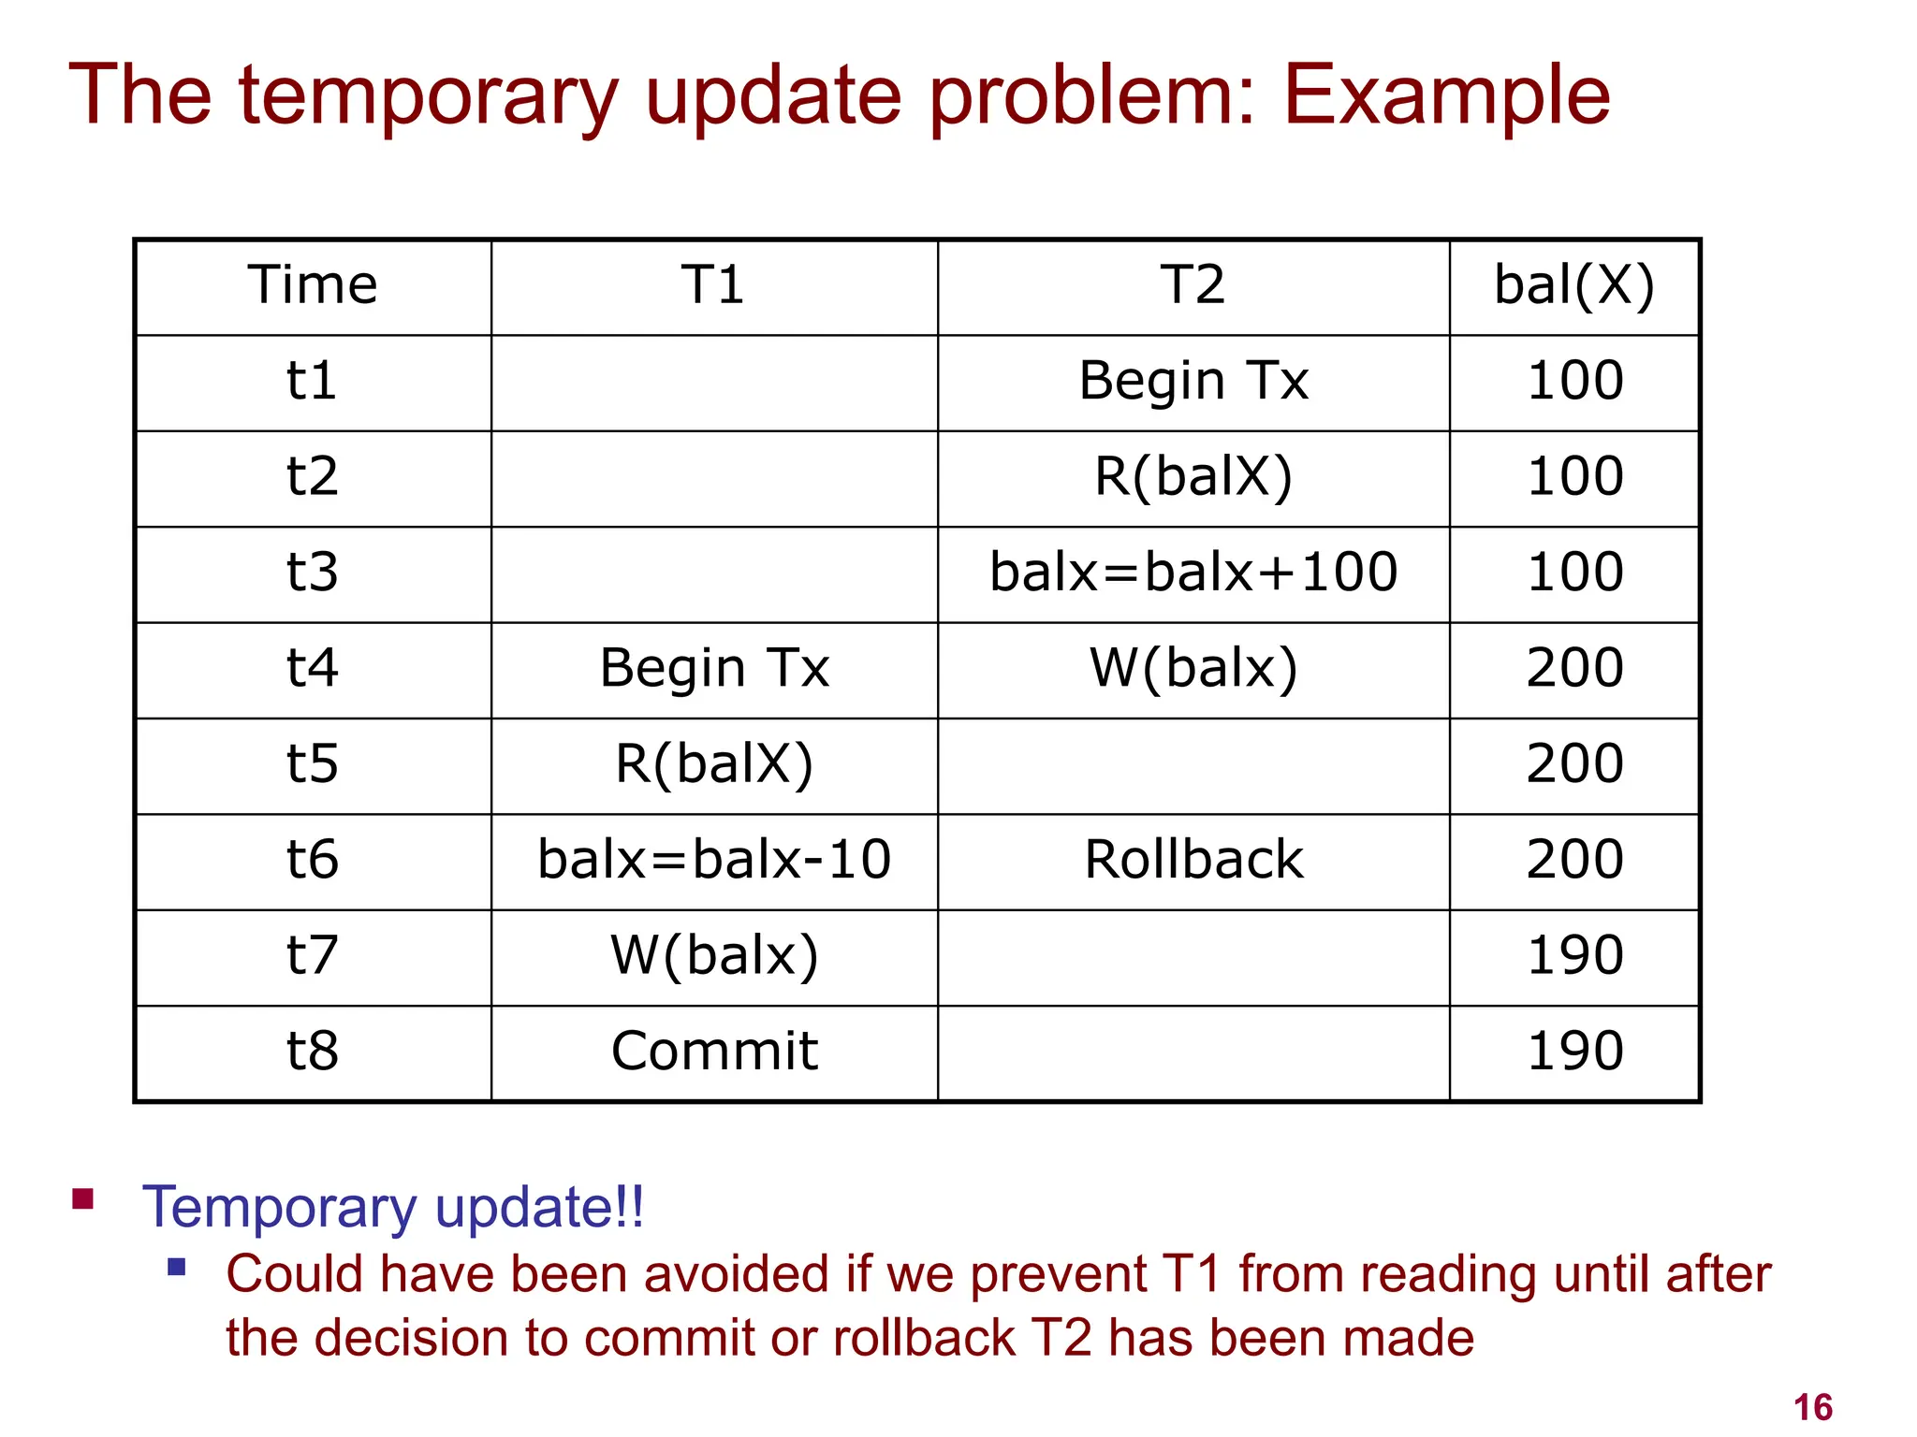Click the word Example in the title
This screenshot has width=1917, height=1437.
(x=1446, y=96)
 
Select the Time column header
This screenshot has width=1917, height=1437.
(x=313, y=285)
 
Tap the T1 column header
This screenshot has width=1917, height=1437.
(x=713, y=285)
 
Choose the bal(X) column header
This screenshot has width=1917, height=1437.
(x=1574, y=285)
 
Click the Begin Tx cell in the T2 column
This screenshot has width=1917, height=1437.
(x=1193, y=382)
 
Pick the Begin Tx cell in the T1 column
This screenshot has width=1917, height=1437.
(x=714, y=669)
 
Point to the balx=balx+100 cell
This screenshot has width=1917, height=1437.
(x=1193, y=573)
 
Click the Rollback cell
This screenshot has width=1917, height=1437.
(x=1193, y=861)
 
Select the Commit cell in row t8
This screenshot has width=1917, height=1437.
(x=714, y=1052)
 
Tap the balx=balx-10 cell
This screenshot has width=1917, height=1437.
(x=714, y=861)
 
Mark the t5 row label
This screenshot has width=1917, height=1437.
(x=313, y=764)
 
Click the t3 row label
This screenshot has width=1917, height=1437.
(x=313, y=573)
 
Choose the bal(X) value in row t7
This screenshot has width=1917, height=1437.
(x=1574, y=956)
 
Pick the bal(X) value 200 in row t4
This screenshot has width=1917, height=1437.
(x=1574, y=669)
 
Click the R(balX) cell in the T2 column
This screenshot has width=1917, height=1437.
(x=1193, y=477)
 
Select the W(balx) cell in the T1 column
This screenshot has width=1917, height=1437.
(x=714, y=956)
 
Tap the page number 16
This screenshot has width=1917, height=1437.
(x=1812, y=1407)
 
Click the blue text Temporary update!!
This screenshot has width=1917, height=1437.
(x=393, y=1208)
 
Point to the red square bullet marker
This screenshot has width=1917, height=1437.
(x=83, y=1199)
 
